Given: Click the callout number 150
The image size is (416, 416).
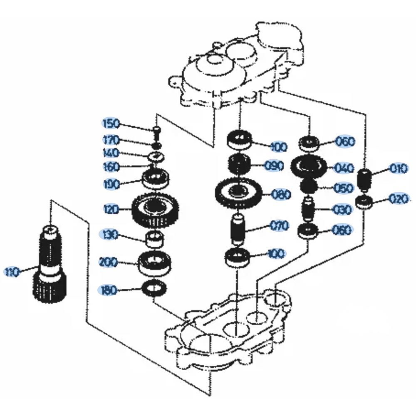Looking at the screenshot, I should tap(111, 124).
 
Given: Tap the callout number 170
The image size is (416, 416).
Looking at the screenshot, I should tap(111, 140).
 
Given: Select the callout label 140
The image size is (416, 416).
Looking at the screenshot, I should tap(111, 153).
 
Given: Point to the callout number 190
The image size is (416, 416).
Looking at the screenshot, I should tap(111, 184).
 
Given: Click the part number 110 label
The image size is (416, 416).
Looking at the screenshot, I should tap(12, 272).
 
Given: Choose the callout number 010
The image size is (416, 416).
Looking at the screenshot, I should tap(398, 169).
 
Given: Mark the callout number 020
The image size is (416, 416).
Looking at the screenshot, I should tap(399, 199).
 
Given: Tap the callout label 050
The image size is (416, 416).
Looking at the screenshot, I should tap(344, 188).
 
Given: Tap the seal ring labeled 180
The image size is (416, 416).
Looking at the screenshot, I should tap(154, 287).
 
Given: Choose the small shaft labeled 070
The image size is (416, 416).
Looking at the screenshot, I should tap(238, 229).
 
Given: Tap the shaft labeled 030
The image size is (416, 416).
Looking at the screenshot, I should tap(309, 210).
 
